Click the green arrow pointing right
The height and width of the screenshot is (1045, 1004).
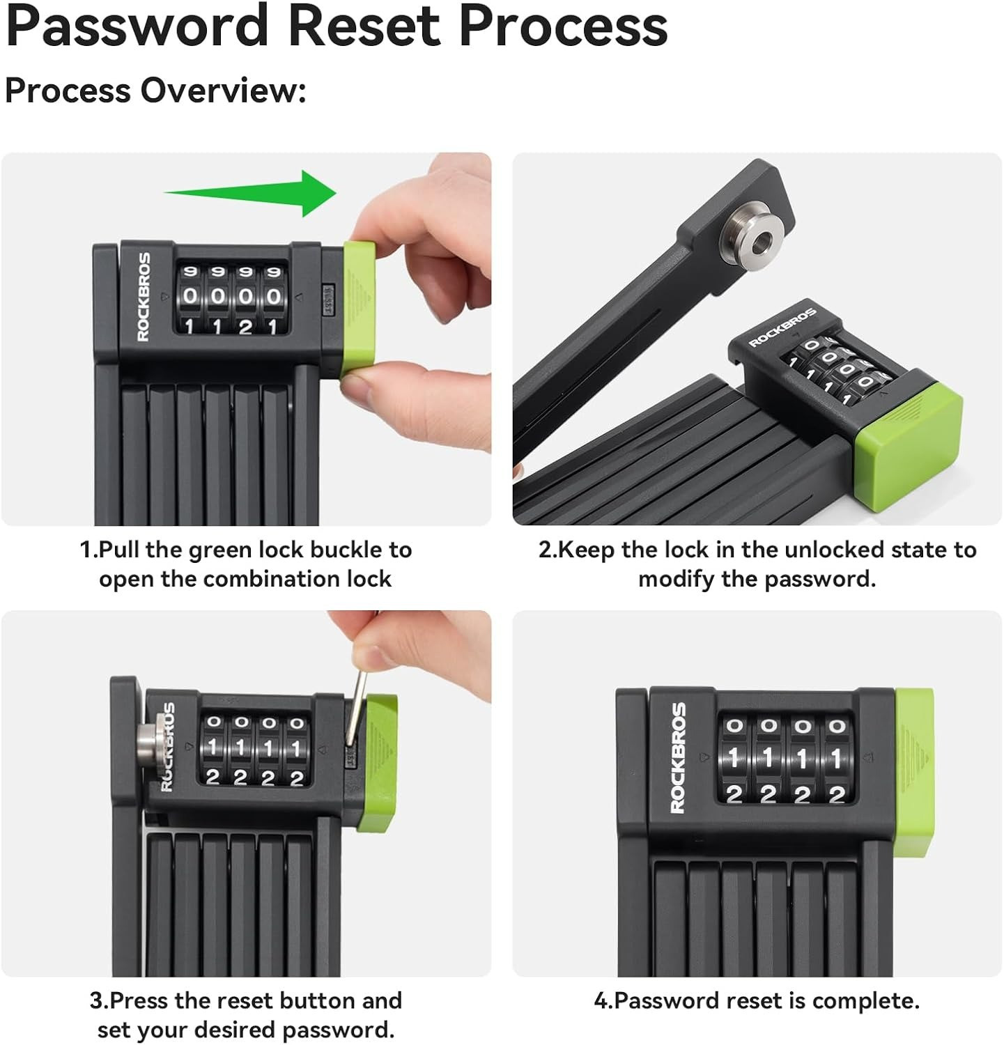click(x=251, y=192)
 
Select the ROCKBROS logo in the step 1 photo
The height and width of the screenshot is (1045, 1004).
click(x=144, y=297)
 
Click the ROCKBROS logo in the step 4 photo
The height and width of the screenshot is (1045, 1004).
click(x=678, y=757)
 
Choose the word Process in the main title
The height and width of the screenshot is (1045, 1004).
click(x=564, y=26)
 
